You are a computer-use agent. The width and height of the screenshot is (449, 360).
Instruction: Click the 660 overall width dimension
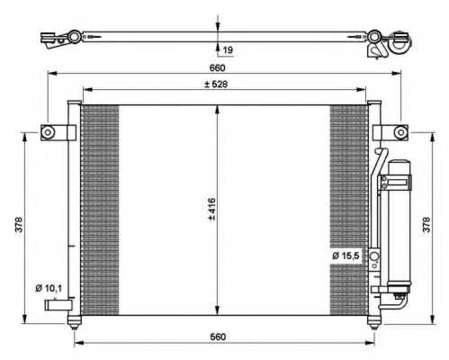[217, 67]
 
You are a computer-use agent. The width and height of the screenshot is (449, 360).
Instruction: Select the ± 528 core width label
[216, 85]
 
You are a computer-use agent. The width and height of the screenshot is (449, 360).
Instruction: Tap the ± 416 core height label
[211, 209]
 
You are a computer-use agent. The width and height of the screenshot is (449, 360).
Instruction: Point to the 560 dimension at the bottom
[218, 337]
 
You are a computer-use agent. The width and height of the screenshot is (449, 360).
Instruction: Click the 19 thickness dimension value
[228, 49]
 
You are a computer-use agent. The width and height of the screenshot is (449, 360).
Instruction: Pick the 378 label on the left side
[19, 224]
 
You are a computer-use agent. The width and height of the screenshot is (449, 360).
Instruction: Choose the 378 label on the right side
[427, 224]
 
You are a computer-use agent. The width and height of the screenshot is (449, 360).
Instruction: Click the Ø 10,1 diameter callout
[49, 289]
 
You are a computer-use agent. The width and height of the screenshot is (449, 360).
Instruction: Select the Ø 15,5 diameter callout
[346, 256]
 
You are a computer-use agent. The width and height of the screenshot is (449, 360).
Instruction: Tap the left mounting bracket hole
[48, 132]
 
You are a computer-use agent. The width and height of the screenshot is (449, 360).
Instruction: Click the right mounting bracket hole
[400, 132]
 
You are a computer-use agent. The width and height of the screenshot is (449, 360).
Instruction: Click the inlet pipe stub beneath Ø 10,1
[58, 305]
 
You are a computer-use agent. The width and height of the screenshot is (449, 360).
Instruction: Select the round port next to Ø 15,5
[374, 256]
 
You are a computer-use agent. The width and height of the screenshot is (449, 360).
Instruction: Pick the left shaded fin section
[100, 210]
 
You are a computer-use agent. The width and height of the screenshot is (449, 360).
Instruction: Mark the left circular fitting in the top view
[74, 37]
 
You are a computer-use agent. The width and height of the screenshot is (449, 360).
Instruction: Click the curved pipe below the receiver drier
[398, 303]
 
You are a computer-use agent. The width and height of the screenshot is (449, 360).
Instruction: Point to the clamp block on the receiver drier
[396, 182]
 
